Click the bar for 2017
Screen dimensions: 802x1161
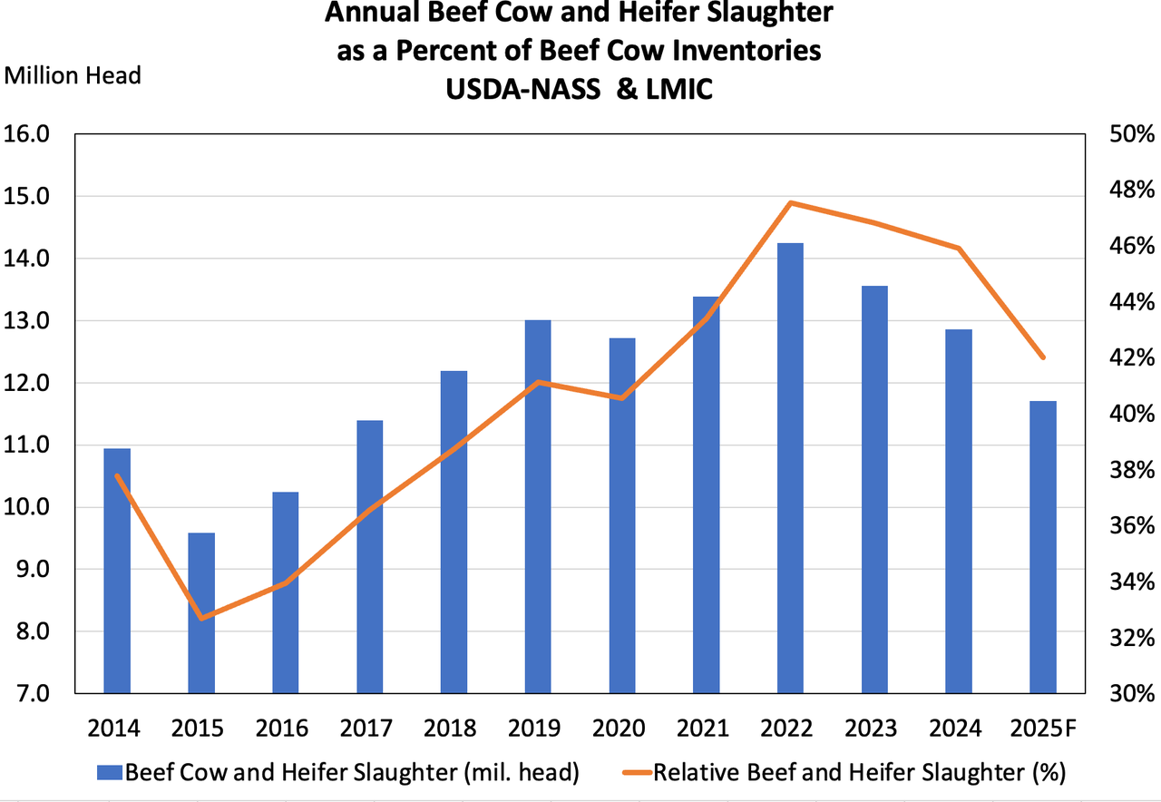[369, 557]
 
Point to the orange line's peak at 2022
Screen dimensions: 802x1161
[791, 202]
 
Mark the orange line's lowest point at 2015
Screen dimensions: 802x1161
[201, 619]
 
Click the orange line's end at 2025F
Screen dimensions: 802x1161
[1044, 357]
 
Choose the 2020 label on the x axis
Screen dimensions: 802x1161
[621, 729]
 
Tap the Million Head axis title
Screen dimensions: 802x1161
[73, 75]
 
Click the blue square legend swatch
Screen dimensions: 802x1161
[110, 773]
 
